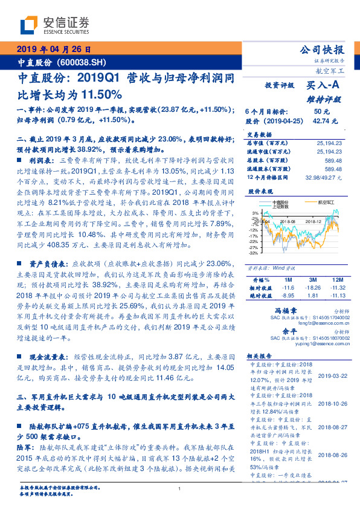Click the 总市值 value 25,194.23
pos(329,143)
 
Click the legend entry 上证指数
pos(281,206)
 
